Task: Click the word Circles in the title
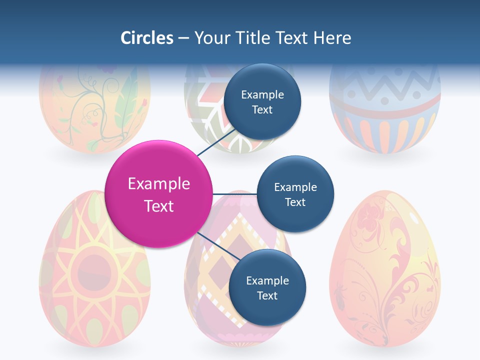[146, 38]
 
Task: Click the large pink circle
[158, 194]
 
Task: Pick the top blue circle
[262, 101]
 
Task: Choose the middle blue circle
[295, 194]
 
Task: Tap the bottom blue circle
[267, 287]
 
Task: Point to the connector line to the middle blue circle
[235, 194]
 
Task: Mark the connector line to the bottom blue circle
[219, 247]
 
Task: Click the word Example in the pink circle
[158, 183]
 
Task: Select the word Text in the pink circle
[158, 205]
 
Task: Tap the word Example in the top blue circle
[262, 94]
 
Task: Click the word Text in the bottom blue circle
[267, 295]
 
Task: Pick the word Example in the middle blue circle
[295, 187]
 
